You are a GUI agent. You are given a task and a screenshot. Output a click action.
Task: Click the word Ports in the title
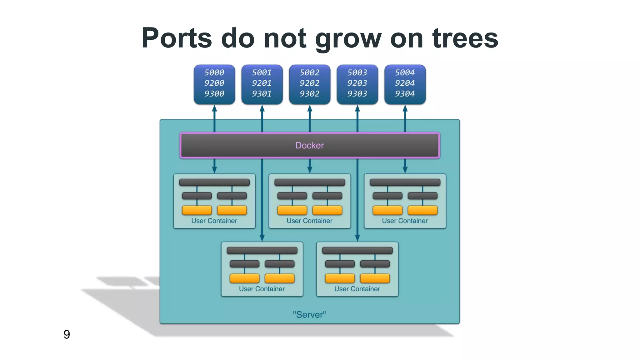coord(177,38)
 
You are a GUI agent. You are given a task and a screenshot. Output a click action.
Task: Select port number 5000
coord(214,72)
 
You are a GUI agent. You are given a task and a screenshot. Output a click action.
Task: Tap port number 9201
coord(262,83)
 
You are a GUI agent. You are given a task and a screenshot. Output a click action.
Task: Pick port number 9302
coord(310,94)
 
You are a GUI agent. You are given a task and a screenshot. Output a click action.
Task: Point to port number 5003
coord(357,72)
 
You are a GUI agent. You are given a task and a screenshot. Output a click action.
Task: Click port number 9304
coord(405,94)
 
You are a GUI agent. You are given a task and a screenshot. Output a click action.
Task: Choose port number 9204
coord(405,83)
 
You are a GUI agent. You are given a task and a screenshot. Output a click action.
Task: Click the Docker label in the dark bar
coord(309,145)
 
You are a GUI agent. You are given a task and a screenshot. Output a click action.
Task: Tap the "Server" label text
coord(309,314)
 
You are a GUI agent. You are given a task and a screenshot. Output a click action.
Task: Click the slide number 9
coord(67,334)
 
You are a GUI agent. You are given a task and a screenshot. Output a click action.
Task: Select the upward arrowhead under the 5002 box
coord(310,108)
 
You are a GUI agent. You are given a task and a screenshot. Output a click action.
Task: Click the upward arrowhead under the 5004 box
coord(405,108)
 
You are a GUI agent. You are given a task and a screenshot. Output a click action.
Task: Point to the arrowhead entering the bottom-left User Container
coord(262,238)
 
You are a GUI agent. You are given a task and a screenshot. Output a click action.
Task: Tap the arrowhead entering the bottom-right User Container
coord(357,238)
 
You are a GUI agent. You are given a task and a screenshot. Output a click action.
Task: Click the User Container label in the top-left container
coord(214,221)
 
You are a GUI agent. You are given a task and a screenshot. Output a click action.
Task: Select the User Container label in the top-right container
coord(405,221)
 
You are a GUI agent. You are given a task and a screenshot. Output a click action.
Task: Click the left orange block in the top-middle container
coord(292,210)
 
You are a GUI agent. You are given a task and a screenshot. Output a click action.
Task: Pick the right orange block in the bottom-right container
coord(375,278)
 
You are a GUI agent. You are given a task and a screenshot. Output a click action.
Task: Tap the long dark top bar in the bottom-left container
coord(262,250)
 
